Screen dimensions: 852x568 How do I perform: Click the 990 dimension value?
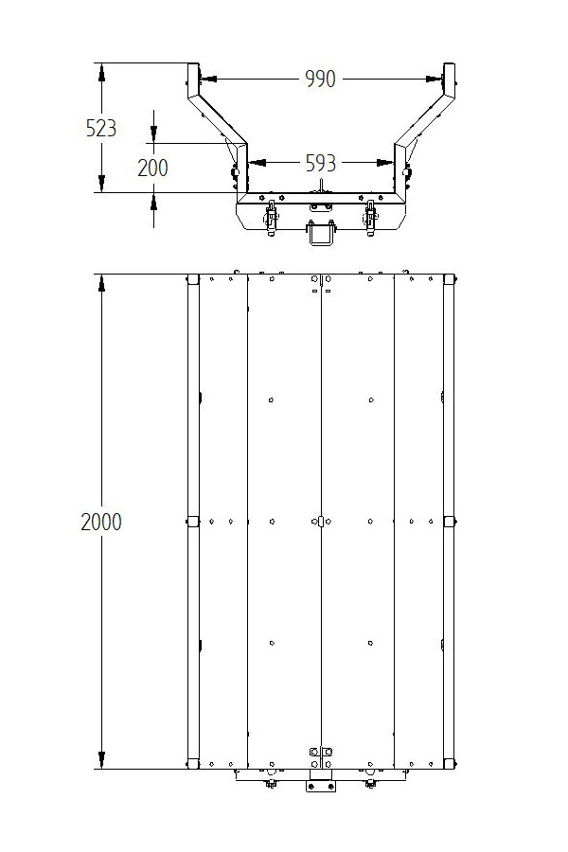pyautogui.click(x=320, y=80)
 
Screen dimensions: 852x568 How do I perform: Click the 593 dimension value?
pyautogui.click(x=320, y=164)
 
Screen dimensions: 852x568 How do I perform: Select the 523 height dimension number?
pyautogui.click(x=101, y=128)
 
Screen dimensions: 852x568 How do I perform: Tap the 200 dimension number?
pyautogui.click(x=152, y=168)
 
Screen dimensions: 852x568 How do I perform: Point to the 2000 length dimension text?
pyautogui.click(x=101, y=522)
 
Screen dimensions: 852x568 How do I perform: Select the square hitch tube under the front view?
pyautogui.click(x=321, y=232)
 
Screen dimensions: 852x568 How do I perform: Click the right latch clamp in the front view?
pyautogui.click(x=369, y=217)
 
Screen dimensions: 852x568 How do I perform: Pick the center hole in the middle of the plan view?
pyautogui.click(x=321, y=521)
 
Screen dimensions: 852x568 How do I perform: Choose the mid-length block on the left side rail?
pyautogui.click(x=192, y=521)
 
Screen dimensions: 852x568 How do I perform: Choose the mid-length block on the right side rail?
pyautogui.click(x=449, y=521)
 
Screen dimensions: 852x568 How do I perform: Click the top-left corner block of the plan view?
pyautogui.click(x=192, y=280)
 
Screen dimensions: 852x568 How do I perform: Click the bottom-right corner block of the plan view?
pyautogui.click(x=449, y=763)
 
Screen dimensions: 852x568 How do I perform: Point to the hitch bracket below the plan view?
pyautogui.click(x=320, y=785)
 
